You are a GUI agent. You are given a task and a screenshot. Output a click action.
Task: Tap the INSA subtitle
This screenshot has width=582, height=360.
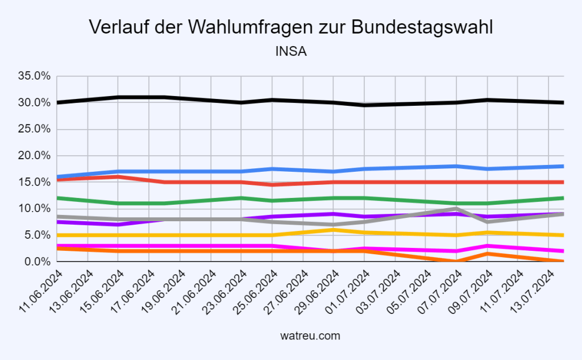(x=290, y=52)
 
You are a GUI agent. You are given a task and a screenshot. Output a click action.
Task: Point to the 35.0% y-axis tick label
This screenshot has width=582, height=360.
(x=35, y=76)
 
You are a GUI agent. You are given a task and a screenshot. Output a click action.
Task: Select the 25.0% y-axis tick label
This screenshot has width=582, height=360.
(x=35, y=129)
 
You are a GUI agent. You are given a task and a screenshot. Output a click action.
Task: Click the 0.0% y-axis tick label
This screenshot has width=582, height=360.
(x=38, y=262)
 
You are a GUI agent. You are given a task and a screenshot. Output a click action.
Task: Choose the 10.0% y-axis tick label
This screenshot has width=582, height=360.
(x=35, y=209)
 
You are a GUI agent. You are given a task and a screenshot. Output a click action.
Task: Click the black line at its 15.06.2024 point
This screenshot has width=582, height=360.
(x=118, y=97)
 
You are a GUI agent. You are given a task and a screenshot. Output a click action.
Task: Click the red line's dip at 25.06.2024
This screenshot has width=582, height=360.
(x=272, y=185)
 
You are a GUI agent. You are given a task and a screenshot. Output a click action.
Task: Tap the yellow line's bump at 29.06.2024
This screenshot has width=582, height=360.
(x=334, y=230)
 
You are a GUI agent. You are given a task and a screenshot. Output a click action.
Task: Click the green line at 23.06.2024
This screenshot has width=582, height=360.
(x=242, y=198)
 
